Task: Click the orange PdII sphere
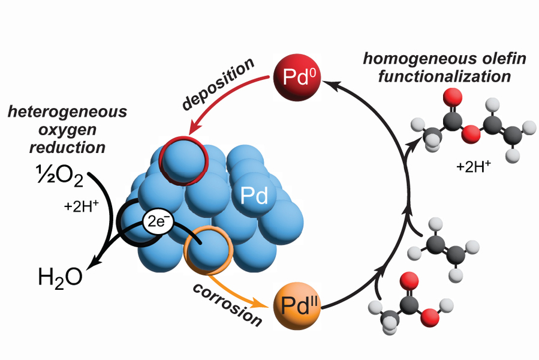296,304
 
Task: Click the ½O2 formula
56,175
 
